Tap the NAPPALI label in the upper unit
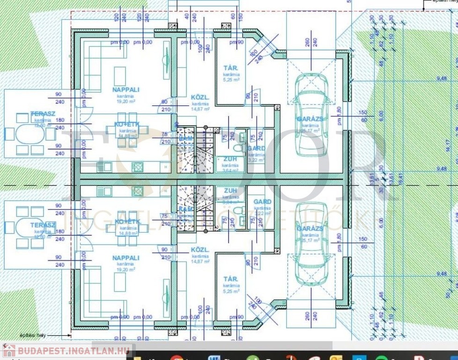click(x=126, y=89)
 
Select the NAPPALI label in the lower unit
click(x=126, y=258)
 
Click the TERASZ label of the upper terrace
click(x=43, y=114)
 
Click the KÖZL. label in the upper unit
click(x=200, y=97)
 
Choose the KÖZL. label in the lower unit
click(x=200, y=249)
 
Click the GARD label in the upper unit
click(x=256, y=148)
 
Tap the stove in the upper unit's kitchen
click(x=138, y=166)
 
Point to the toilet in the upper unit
click(x=239, y=147)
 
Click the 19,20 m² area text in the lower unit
click(x=126, y=270)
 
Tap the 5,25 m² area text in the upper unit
click(x=231, y=80)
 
